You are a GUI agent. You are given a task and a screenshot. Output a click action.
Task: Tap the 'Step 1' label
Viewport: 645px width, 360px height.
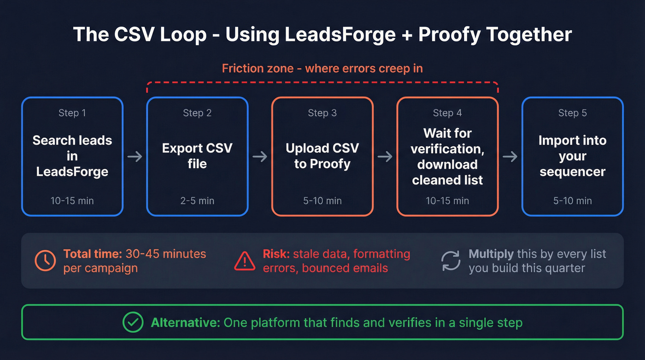point(72,113)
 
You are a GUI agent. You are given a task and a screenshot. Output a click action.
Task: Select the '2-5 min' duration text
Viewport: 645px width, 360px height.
point(197,201)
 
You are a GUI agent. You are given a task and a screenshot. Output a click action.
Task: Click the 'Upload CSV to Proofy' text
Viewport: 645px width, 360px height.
point(322,156)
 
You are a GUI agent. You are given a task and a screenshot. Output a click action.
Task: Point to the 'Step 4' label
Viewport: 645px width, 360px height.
point(447,113)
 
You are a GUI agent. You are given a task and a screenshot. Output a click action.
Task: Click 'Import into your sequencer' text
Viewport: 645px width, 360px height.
point(572,156)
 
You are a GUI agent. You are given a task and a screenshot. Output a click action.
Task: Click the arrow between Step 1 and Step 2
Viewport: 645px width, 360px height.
point(135,157)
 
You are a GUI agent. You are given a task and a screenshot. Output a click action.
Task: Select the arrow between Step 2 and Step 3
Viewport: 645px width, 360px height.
point(260,157)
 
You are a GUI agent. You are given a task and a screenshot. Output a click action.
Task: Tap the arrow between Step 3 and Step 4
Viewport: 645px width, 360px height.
point(385,157)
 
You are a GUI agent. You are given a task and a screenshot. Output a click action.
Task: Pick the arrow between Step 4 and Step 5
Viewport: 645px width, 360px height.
point(510,157)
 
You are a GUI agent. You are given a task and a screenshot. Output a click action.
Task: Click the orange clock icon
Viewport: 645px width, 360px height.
point(46,261)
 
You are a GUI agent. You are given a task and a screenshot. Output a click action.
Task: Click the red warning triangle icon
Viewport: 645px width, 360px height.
point(245,261)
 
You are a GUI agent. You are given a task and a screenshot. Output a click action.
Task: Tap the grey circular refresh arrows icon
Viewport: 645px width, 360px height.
point(451,261)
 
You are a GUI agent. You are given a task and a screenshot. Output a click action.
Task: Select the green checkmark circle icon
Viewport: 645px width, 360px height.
point(133,322)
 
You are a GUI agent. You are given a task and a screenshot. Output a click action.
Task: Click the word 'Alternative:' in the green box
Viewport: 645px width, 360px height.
point(186,322)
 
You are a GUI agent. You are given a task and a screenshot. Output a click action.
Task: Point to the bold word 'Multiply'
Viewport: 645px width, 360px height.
point(491,254)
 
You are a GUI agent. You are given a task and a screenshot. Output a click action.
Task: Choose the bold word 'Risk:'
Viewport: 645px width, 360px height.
point(276,254)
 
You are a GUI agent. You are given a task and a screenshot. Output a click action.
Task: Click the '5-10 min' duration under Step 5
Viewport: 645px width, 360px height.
point(572,201)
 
